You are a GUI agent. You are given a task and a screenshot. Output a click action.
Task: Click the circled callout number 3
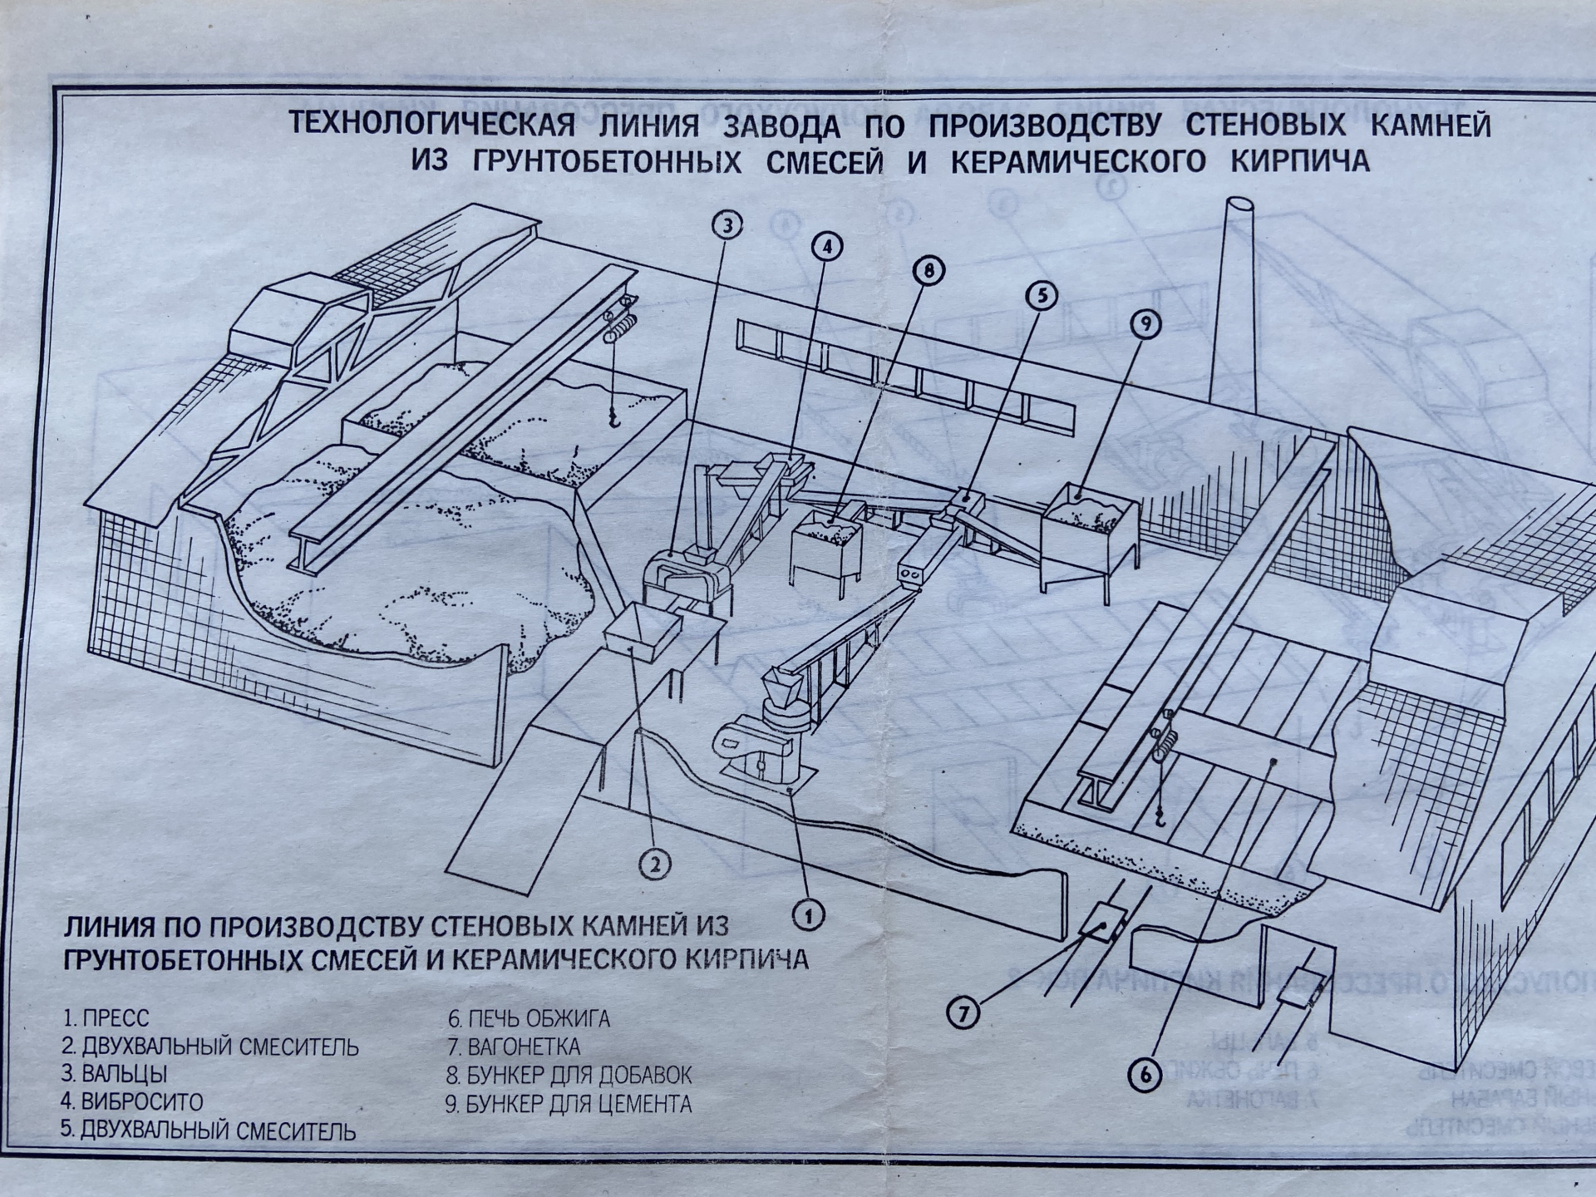[727, 225]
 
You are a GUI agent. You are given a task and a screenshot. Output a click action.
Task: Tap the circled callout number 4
[826, 246]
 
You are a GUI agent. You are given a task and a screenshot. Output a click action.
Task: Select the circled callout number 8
[928, 270]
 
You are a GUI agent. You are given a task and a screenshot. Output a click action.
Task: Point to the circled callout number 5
[1042, 295]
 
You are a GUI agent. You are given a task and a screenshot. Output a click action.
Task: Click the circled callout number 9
[1145, 324]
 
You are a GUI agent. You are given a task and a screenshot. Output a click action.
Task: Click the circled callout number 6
[1145, 1075]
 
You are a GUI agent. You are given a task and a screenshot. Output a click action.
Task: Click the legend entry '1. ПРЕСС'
[106, 1018]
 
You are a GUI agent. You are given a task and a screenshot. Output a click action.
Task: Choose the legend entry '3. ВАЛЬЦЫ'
[115, 1074]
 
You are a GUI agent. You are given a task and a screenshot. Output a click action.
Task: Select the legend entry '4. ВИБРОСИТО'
[132, 1102]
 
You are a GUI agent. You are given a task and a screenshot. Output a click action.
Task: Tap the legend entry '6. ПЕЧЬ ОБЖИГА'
[529, 1018]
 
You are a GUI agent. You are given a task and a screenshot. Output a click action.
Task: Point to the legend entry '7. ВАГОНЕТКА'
[514, 1047]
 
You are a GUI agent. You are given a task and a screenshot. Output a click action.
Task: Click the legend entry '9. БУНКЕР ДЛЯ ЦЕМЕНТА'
[569, 1104]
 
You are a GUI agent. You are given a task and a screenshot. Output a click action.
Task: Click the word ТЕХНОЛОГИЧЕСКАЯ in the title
[432, 125]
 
